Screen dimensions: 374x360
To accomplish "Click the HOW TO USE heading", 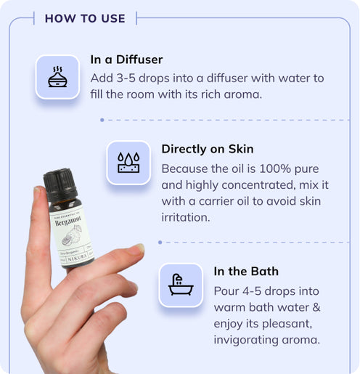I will coord(85,18).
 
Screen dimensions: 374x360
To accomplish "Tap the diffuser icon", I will coord(57,76).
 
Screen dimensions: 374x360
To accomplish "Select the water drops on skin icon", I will coord(128,162).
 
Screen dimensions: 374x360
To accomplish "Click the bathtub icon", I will coord(180,285).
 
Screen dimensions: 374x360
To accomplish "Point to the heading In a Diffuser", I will coord(126,60).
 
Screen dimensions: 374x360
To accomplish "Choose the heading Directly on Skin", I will coord(207,149).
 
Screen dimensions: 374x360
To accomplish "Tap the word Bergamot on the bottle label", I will coord(68,219).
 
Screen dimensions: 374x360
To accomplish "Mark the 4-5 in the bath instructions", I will coord(257,288).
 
